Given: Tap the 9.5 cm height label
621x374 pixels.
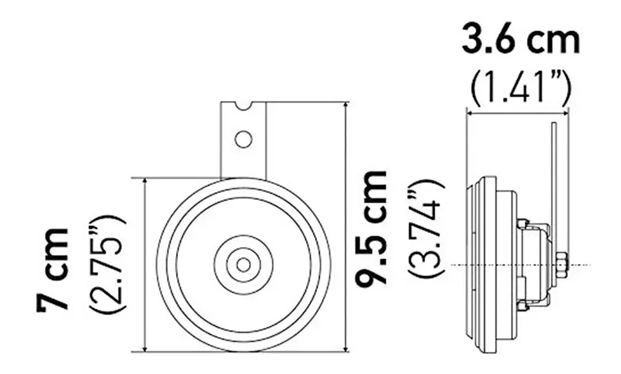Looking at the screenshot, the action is point(371,227).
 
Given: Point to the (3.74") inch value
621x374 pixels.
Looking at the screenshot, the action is point(424,228).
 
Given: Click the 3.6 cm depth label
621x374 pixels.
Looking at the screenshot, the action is point(521,39).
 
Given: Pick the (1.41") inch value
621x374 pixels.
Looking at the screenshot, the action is point(521,89).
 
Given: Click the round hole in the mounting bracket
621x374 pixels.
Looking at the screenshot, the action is point(243,139).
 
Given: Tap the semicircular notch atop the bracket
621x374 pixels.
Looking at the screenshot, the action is point(243,105).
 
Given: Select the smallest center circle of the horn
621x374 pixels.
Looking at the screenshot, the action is point(243,265).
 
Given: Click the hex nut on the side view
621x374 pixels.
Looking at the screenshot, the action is point(561,265).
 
